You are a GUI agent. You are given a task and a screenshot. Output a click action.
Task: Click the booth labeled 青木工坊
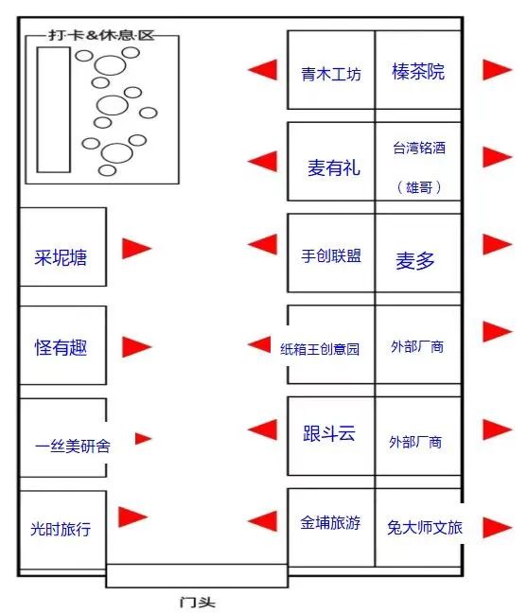[331, 74]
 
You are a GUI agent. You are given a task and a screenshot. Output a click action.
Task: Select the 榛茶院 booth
[418, 71]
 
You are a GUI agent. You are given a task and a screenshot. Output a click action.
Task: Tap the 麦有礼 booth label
[333, 167]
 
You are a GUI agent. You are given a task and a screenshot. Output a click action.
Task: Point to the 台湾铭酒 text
[419, 148]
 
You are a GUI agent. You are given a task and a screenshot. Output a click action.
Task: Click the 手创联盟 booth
[331, 255]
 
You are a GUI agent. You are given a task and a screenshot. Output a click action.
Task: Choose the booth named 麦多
[414, 260]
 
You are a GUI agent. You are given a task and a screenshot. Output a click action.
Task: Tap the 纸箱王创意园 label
[320, 349]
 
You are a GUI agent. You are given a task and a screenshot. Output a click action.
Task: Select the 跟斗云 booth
[329, 433]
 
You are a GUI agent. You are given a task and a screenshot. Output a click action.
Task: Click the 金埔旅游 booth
[330, 523]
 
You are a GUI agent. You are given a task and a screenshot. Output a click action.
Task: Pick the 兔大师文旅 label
[425, 527]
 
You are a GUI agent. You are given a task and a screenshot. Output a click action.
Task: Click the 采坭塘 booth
[61, 257]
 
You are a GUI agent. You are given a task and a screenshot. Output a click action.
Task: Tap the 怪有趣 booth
[61, 347]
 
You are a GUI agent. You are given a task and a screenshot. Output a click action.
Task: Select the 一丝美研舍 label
[72, 446]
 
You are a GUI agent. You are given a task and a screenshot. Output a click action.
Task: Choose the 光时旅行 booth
[61, 529]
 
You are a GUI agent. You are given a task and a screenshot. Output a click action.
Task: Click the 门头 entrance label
[198, 602]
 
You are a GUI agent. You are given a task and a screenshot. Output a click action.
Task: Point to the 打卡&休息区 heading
[101, 36]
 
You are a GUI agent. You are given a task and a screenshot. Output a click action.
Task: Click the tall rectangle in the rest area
[54, 110]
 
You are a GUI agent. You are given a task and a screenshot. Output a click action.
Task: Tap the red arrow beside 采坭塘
[137, 248]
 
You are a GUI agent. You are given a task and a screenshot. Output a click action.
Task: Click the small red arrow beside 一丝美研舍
[143, 438]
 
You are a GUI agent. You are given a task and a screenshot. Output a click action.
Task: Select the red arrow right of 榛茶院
[498, 70]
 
